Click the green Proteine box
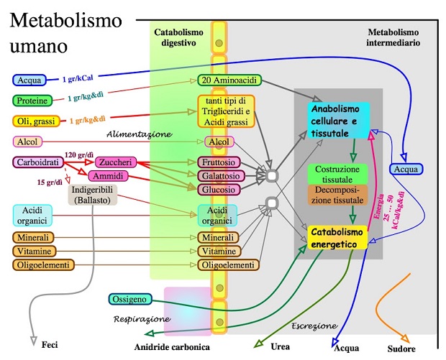[32, 101]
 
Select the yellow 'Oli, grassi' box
[36, 121]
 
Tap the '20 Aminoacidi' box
[229, 80]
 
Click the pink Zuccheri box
[116, 162]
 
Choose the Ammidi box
[108, 176]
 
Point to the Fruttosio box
[219, 162]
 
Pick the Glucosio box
[219, 190]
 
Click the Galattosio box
[221, 176]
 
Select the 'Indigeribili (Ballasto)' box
[93, 195]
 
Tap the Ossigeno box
[130, 299]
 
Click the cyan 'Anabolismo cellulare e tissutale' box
[339, 121]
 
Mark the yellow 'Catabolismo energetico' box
[337, 238]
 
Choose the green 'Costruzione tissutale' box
[337, 174]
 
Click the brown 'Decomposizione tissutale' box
[337, 195]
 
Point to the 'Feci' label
[50, 345]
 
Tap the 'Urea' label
[280, 346]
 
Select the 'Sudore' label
[401, 349]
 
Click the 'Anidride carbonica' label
[172, 347]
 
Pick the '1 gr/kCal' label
[78, 78]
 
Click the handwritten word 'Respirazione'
[142, 319]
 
